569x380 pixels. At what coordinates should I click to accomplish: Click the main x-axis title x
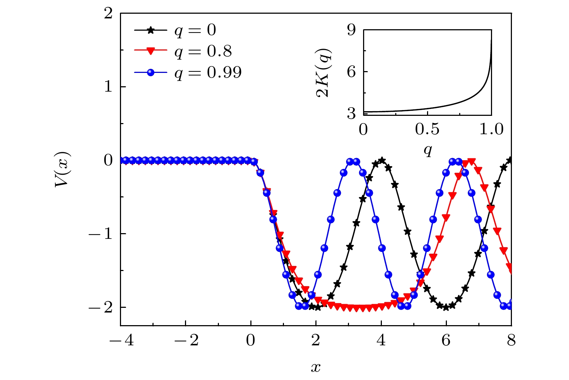click(x=315, y=367)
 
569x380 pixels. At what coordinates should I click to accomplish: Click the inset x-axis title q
click(x=428, y=149)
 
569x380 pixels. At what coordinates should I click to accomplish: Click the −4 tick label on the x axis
click(x=121, y=340)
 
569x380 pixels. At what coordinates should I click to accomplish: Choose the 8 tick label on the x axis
click(x=511, y=340)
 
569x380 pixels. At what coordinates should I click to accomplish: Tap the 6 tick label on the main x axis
click(x=446, y=340)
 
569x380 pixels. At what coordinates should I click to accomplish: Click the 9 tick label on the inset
click(x=352, y=30)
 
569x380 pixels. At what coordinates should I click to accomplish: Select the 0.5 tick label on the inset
click(x=427, y=129)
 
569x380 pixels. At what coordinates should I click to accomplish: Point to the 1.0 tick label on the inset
click(x=491, y=129)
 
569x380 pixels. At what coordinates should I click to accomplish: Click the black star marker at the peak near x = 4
click(x=382, y=160)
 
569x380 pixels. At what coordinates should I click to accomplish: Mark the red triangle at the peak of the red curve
click(x=471, y=161)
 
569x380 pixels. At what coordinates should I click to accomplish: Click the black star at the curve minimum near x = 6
click(x=446, y=307)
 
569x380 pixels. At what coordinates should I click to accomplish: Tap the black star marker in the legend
click(x=151, y=30)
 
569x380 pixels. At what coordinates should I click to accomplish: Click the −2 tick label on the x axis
click(x=186, y=340)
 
